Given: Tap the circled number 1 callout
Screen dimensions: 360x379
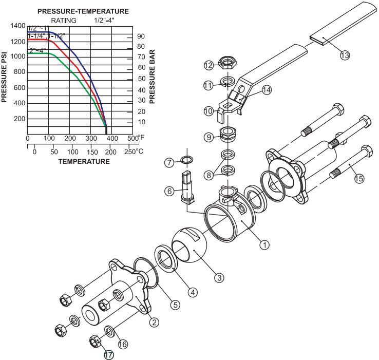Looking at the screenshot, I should [264, 245].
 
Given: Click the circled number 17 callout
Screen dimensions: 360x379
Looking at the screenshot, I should [108, 354].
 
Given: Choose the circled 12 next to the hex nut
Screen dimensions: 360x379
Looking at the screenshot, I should [208, 65].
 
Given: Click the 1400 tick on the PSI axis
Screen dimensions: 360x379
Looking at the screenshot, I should [17, 26].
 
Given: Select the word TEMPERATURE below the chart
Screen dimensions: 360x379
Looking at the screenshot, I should [84, 161].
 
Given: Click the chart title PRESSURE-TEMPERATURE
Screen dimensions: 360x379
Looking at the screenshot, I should [83, 11].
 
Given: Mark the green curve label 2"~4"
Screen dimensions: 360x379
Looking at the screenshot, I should [37, 50].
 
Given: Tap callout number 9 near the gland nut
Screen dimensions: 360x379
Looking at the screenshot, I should [209, 137].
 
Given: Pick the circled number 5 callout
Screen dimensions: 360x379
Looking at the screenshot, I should [175, 305].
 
